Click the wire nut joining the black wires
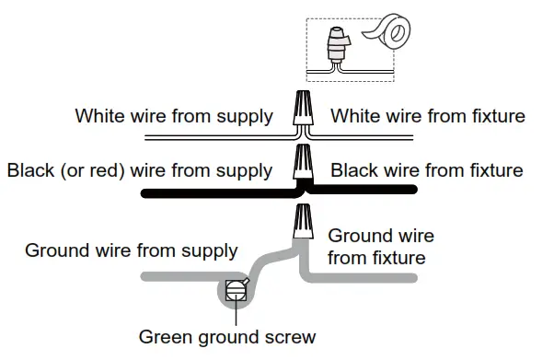pos(302,164)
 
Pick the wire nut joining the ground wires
pos(302,222)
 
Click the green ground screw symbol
pos(236,290)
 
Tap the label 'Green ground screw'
pos(226,336)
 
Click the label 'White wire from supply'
pos(174,117)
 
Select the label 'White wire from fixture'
pos(428,117)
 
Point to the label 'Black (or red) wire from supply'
pos(139,171)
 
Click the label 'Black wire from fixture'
pos(426,171)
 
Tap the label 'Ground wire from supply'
pos(132,250)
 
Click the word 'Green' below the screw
pos(164,336)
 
